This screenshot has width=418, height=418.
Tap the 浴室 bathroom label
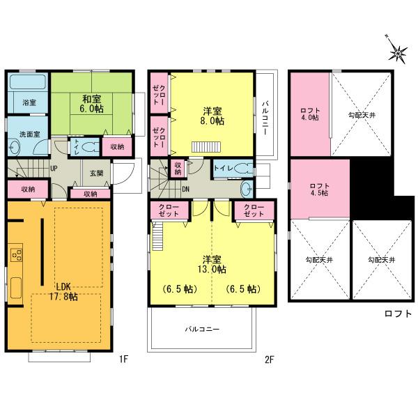point(29,102)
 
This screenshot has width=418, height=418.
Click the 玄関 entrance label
point(95,172)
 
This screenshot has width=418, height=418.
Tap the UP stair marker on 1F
point(54,168)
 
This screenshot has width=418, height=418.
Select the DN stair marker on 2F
point(187,188)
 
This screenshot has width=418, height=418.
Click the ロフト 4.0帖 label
point(310,114)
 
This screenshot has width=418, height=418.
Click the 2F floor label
point(270,360)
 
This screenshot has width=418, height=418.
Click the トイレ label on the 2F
point(223,168)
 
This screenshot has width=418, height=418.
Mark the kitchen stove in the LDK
point(15,256)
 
